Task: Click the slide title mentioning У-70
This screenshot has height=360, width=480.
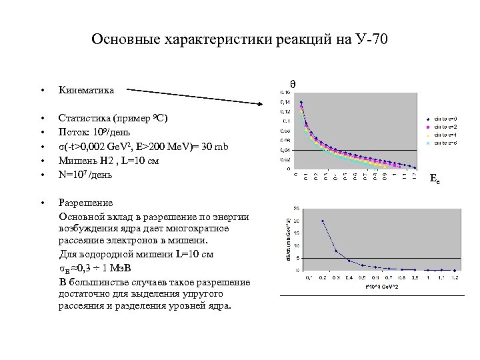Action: click(239, 41)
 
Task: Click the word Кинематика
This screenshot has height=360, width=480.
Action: click(86, 89)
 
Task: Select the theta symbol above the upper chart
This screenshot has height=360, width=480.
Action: click(293, 83)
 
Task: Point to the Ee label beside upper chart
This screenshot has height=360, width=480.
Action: click(434, 178)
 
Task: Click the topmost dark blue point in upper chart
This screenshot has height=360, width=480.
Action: click(301, 102)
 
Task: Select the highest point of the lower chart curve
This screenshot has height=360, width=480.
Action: click(323, 221)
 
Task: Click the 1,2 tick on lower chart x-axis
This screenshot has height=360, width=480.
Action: click(455, 277)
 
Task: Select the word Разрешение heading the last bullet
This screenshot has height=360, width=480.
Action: click(86, 203)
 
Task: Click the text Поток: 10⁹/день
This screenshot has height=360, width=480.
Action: click(98, 132)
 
